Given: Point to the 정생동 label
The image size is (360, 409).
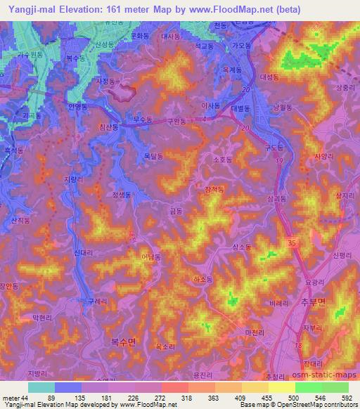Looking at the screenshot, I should coord(122,196).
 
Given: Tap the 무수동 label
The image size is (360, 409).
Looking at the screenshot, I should coord(143,120).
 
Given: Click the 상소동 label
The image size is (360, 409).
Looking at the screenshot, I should coord(242,247).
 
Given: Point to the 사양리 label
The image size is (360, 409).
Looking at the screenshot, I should coord(323,157).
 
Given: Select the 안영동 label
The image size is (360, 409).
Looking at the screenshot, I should coord(77,108).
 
